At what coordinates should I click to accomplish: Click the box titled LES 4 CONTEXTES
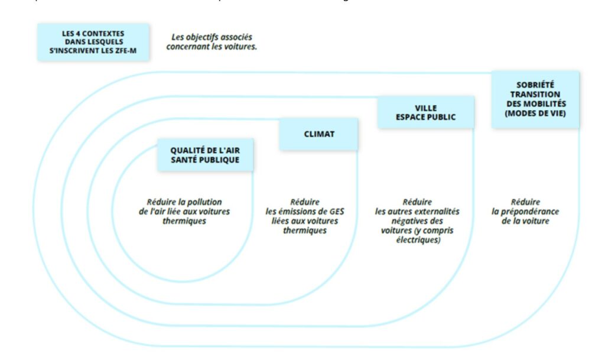point(93,42)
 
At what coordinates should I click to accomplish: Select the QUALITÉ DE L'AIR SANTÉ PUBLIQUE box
point(205,155)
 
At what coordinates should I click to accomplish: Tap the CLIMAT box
point(318,134)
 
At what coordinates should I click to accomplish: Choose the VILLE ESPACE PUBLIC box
point(425,112)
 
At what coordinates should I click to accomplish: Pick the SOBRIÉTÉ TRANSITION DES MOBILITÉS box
point(535,99)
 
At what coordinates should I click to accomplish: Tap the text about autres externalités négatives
point(417,220)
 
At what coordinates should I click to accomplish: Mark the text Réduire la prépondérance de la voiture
point(525,211)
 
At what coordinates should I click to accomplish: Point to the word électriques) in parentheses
point(417,240)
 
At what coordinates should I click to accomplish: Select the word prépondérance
point(531,211)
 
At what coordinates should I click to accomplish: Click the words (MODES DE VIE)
point(535,113)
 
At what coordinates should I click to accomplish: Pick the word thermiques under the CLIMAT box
point(304,231)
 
